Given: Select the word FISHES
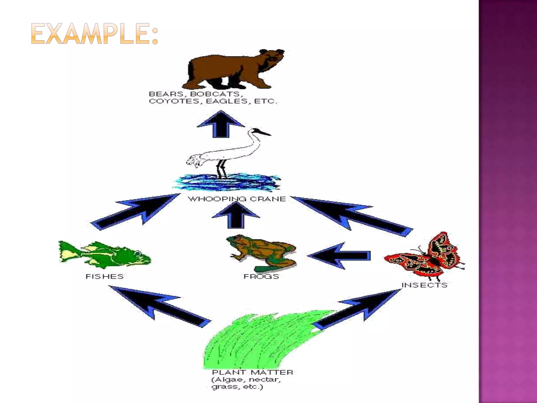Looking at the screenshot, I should pyautogui.click(x=104, y=276).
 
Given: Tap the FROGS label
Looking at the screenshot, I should pyautogui.click(x=261, y=276).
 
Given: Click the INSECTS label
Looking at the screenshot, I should pyautogui.click(x=424, y=285).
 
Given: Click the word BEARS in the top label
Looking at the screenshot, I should pyautogui.click(x=166, y=94).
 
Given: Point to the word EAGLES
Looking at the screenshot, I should pyautogui.click(x=227, y=101).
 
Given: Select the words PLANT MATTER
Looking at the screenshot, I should pyautogui.click(x=252, y=372).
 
